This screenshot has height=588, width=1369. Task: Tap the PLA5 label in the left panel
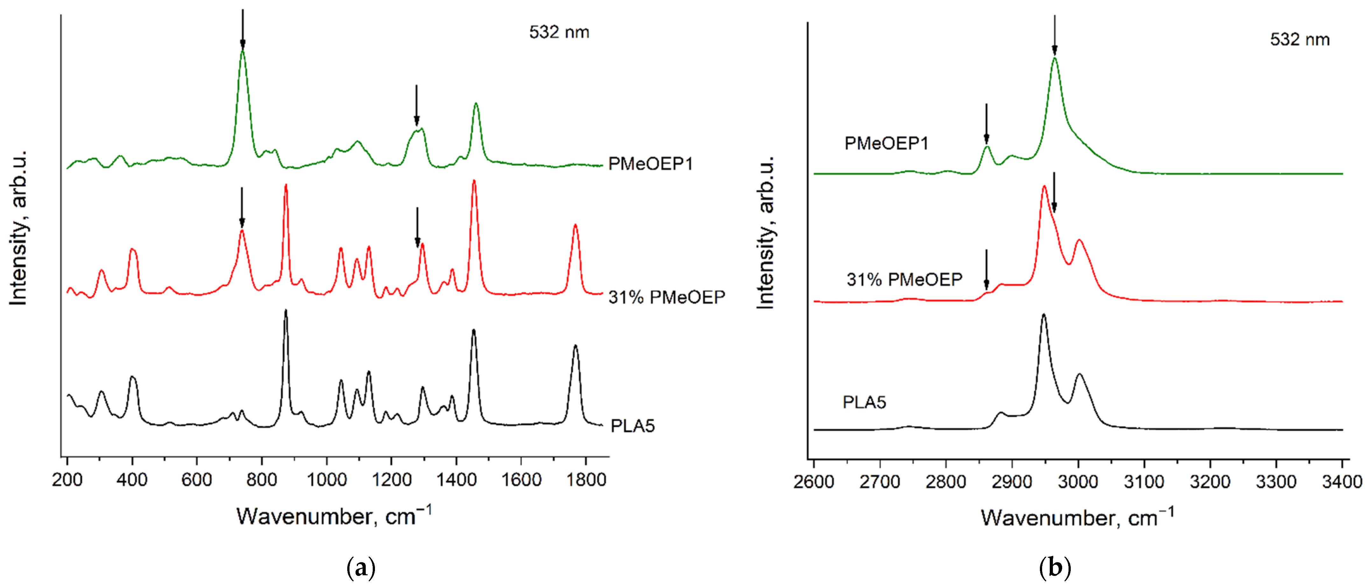click(632, 426)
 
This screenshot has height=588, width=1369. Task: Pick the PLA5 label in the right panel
click(864, 402)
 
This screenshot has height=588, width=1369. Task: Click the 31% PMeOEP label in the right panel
click(904, 279)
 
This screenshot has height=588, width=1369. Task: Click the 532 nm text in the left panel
click(559, 32)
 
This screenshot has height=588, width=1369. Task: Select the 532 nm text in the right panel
click(1299, 40)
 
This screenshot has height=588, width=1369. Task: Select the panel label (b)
click(1055, 568)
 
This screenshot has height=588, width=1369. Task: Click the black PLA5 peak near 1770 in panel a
click(575, 347)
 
